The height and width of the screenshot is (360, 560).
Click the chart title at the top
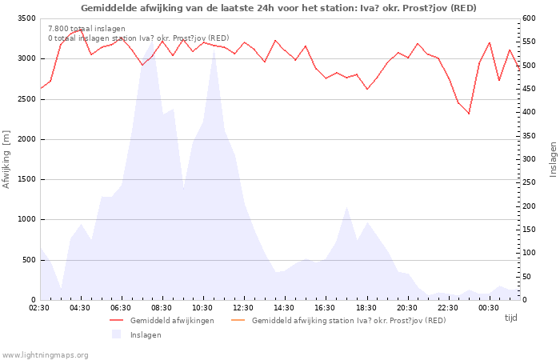(x=278, y=8)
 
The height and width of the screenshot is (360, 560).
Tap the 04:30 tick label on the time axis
(x=80, y=308)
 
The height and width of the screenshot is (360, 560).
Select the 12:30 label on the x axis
(x=243, y=308)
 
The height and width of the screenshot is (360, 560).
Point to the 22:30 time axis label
(x=448, y=308)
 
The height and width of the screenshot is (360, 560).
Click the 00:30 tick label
(x=489, y=308)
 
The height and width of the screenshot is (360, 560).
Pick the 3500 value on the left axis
(x=26, y=18)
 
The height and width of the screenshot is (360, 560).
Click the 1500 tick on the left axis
(x=26, y=179)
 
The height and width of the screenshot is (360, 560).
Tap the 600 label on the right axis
(x=529, y=18)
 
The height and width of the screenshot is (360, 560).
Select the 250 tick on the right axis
(x=529, y=182)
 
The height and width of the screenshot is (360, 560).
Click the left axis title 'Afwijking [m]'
(x=6, y=159)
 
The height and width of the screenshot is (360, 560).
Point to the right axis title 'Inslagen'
(x=553, y=159)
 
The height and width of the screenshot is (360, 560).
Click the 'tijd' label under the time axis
(x=510, y=318)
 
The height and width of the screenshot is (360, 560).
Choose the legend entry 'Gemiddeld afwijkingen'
(x=172, y=320)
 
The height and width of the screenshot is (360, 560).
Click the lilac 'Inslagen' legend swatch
(x=117, y=334)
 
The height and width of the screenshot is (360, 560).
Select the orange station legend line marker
(x=238, y=320)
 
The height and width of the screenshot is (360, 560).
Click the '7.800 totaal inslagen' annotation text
(x=86, y=29)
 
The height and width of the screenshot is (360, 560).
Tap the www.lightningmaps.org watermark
(x=45, y=355)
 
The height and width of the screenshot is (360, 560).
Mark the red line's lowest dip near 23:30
(x=469, y=114)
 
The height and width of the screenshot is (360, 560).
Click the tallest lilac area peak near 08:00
(x=153, y=41)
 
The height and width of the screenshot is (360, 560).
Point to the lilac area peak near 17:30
(x=346, y=206)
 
